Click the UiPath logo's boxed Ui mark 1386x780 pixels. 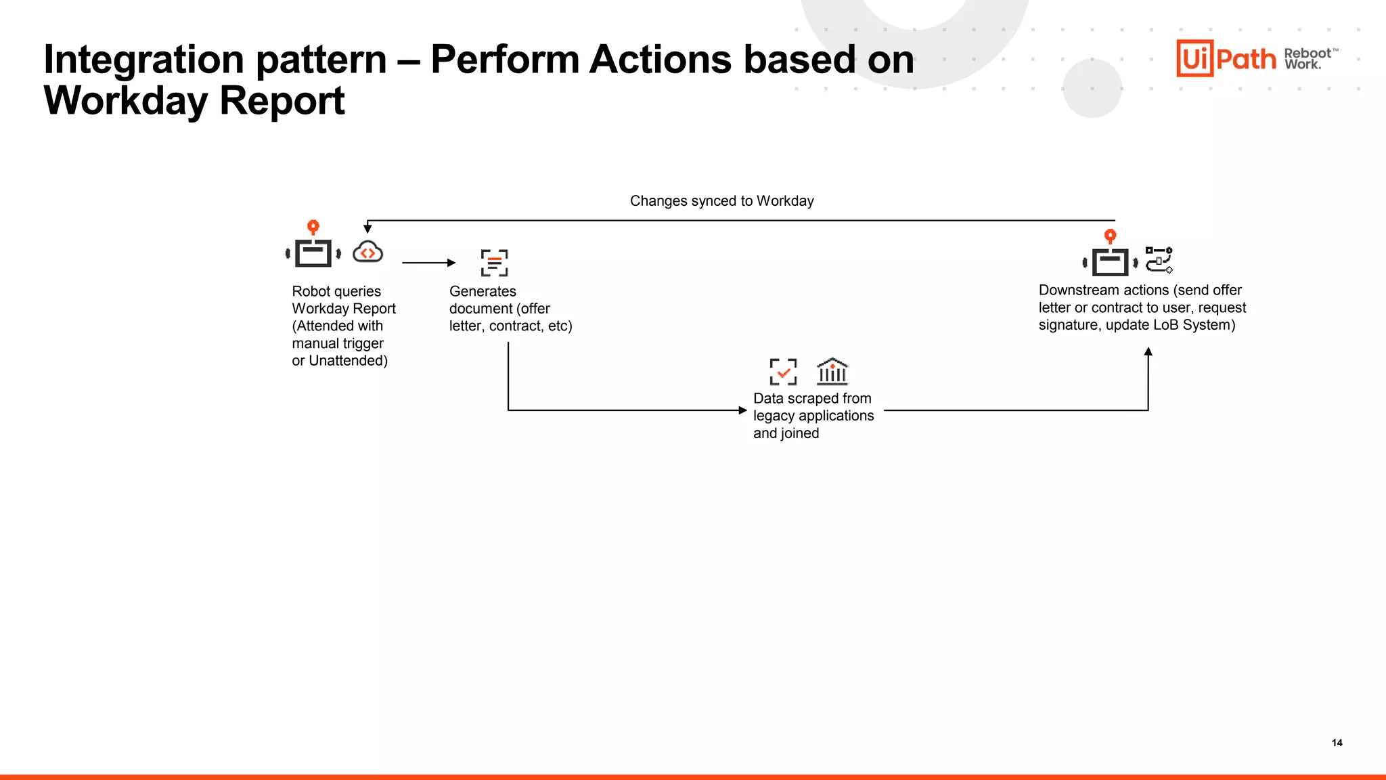click(1194, 58)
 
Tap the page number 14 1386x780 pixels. click(1337, 743)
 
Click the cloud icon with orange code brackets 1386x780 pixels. click(367, 253)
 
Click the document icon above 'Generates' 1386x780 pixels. click(494, 263)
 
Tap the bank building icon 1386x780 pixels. click(832, 371)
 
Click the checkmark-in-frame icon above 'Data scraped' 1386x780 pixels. click(783, 372)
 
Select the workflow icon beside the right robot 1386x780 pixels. click(1159, 259)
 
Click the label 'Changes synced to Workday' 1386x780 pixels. click(721, 201)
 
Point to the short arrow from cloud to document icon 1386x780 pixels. click(428, 263)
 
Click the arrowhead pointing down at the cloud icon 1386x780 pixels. click(367, 229)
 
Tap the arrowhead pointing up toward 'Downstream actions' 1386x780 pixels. click(1148, 352)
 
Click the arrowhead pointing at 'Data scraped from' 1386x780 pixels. click(742, 410)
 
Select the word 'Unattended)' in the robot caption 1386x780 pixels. click(348, 361)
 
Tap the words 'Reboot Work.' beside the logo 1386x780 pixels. click(1307, 59)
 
